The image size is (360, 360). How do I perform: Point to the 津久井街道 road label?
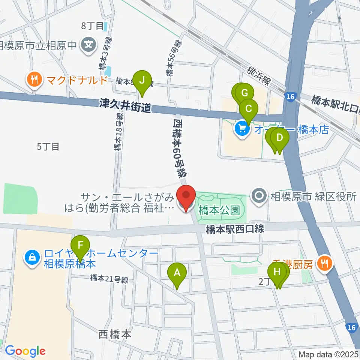coord(125,106)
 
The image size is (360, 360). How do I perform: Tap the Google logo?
coord(25,351)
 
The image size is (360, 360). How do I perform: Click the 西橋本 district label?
coord(115,334)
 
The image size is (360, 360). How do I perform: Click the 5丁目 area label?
coord(48,147)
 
